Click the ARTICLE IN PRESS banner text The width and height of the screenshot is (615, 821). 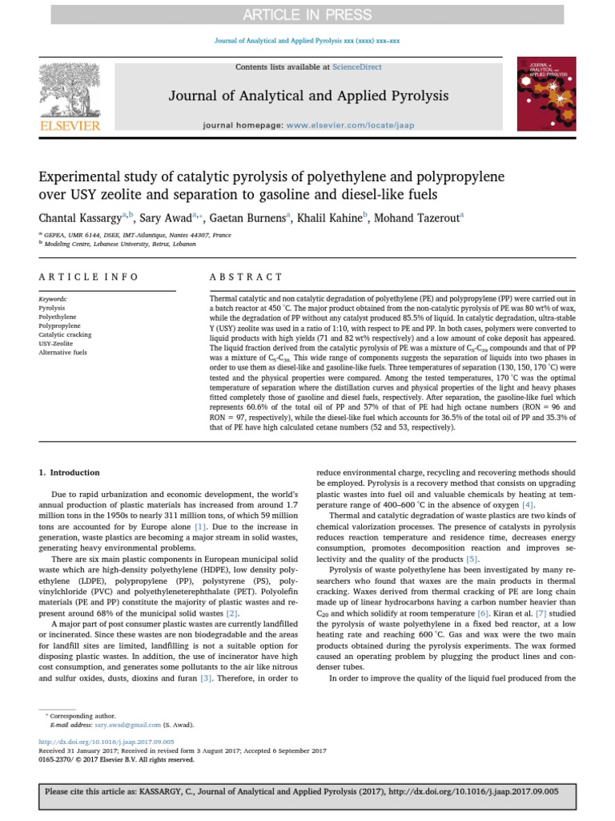307,14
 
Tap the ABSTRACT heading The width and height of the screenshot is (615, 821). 235,277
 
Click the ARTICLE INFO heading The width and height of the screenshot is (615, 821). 89,277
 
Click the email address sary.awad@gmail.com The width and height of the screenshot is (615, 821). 129,724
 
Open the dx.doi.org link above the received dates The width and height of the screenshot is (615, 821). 106,742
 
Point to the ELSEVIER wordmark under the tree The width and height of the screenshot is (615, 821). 70,126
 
